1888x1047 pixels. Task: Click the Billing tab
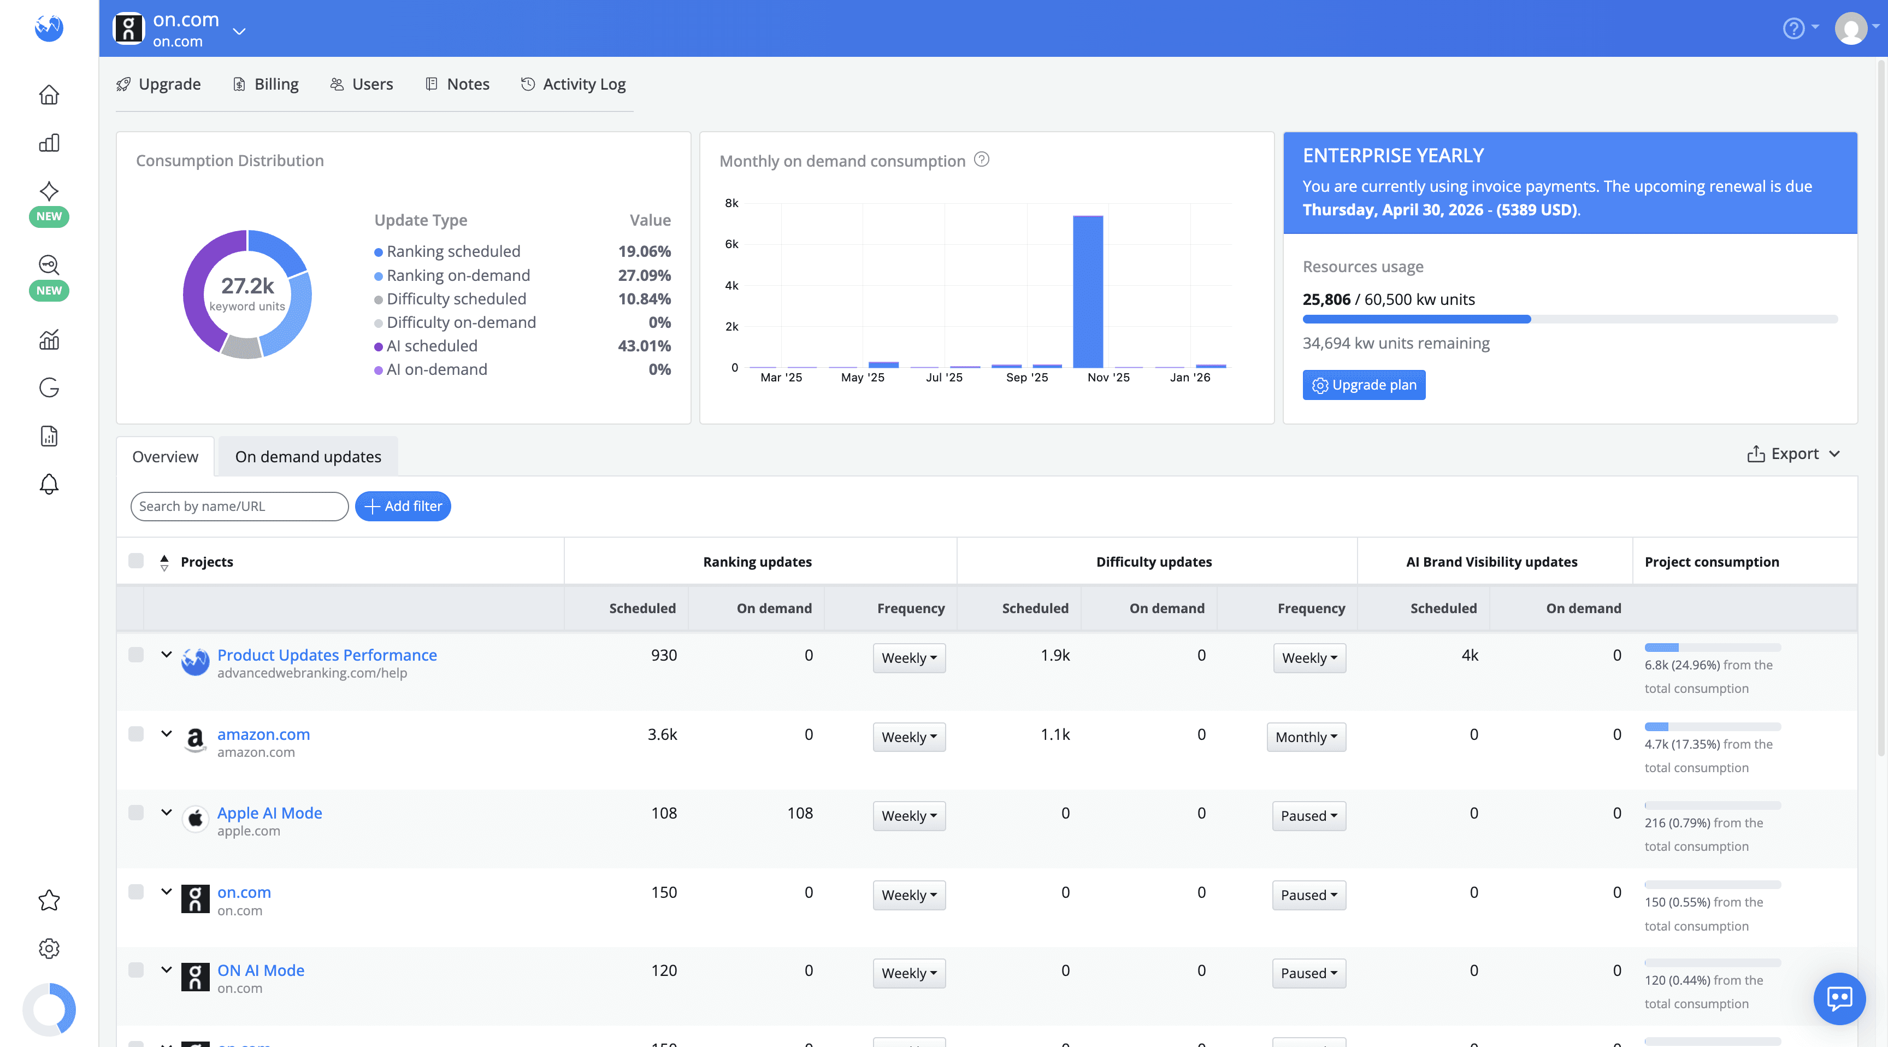point(265,84)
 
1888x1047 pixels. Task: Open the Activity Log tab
point(573,84)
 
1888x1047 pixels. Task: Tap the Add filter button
point(403,506)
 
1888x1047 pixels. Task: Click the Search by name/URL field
point(239,506)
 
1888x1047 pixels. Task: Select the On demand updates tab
point(308,457)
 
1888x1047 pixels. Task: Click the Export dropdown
point(1793,454)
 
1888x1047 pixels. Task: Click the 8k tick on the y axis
point(731,203)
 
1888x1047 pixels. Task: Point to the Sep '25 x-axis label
point(1027,378)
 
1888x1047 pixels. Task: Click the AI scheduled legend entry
point(432,346)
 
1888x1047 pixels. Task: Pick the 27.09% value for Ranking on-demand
point(644,275)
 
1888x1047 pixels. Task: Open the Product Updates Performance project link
point(327,655)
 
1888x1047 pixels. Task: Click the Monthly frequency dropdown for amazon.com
point(1306,737)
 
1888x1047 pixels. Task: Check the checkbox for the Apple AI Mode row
point(135,813)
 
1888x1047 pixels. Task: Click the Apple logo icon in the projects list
point(195,818)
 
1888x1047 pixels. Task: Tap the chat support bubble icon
point(1839,998)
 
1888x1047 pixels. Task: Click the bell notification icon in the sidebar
point(49,484)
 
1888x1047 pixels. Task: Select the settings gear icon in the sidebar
point(49,948)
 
